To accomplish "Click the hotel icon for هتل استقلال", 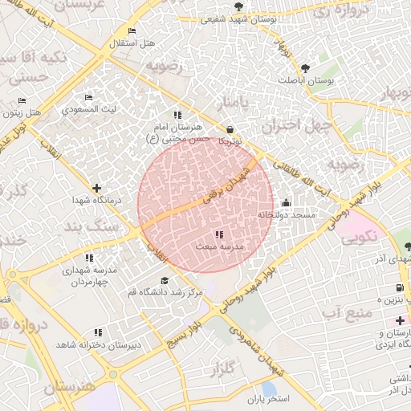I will [x=132, y=31].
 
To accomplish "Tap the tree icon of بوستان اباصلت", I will [x=307, y=67].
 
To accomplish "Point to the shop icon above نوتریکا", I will [x=230, y=128].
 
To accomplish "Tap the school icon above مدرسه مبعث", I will [x=219, y=234].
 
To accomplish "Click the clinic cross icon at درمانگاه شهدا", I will [x=96, y=187].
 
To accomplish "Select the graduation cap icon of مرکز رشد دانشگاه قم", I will [x=165, y=280].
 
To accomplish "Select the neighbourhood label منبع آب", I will [x=346, y=310].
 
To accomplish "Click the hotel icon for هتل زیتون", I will [x=22, y=101].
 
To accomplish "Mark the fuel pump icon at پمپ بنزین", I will [x=399, y=289].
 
